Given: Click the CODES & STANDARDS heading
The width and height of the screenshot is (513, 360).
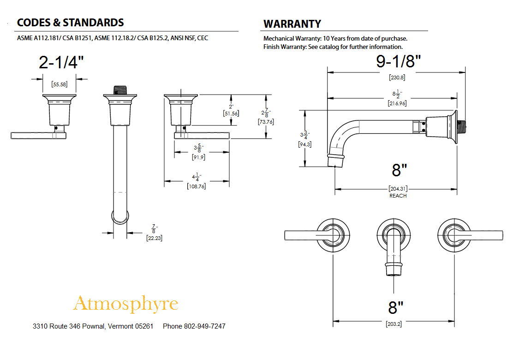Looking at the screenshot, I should (70, 23).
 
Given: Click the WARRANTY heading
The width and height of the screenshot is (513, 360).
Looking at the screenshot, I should (292, 24).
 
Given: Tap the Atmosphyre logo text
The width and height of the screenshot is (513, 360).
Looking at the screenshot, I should (125, 304).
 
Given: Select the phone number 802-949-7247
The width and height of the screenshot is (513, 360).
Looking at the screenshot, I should (204, 326).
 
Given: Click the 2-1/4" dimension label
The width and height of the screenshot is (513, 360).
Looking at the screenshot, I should (61, 62).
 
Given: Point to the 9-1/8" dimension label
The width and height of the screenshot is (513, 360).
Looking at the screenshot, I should (399, 62).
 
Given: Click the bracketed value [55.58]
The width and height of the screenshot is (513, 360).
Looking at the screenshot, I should (60, 84).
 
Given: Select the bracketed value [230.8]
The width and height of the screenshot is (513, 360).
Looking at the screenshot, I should (396, 78).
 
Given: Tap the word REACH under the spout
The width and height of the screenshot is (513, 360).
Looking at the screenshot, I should (398, 196).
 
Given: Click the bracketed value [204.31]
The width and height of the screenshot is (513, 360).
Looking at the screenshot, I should (398, 189).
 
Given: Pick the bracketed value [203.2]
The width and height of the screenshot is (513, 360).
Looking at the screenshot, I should (394, 324).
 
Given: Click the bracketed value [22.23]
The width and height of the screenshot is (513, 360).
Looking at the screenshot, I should (154, 238).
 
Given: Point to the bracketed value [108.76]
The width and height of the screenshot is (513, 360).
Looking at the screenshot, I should (197, 186).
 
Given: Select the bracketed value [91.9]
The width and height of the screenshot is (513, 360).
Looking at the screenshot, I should (198, 157).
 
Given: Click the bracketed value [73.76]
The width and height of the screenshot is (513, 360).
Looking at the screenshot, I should (266, 122).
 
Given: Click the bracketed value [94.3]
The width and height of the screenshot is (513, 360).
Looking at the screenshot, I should (304, 144).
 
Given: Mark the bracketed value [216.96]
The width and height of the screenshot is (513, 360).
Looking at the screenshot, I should (397, 104).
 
